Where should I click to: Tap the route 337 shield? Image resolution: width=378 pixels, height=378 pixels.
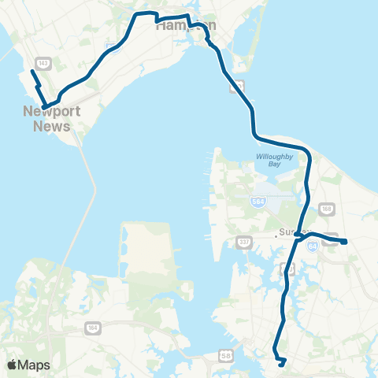tap(245, 242)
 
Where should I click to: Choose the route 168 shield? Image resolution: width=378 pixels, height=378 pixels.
tap(326, 209)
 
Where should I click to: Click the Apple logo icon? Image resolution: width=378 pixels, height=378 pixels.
tap(12, 365)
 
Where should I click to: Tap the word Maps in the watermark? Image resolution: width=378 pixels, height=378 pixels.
tap(34, 365)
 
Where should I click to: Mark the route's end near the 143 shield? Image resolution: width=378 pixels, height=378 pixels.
tap(32, 72)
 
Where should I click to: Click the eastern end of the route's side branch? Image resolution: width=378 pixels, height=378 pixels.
tap(344, 243)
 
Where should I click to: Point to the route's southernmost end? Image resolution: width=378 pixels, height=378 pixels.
tap(282, 363)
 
